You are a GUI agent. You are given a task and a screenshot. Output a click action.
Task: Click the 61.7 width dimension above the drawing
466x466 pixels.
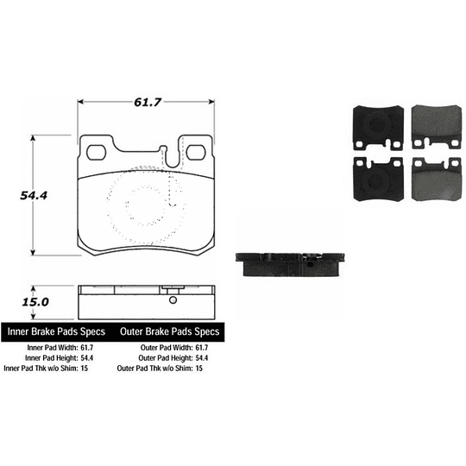[148, 102]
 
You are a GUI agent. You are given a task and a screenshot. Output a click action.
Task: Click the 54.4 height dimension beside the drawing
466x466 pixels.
[34, 196]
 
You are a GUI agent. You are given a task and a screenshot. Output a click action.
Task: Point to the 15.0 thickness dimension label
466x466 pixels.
[35, 302]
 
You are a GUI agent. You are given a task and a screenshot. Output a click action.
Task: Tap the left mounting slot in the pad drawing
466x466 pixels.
[96, 153]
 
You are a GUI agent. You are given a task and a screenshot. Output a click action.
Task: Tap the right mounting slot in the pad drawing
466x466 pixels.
[196, 153]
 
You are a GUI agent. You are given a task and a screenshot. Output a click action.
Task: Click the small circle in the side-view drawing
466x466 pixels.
[173, 300]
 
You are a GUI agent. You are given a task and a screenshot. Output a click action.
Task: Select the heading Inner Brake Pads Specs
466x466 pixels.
[56, 331]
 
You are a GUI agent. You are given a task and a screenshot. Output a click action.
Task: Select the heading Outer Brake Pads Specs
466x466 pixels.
[170, 331]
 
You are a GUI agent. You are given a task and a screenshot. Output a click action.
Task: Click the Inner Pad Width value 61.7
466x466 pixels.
[87, 348]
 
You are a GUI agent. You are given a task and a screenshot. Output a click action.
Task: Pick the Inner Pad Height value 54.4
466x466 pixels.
[87, 358]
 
